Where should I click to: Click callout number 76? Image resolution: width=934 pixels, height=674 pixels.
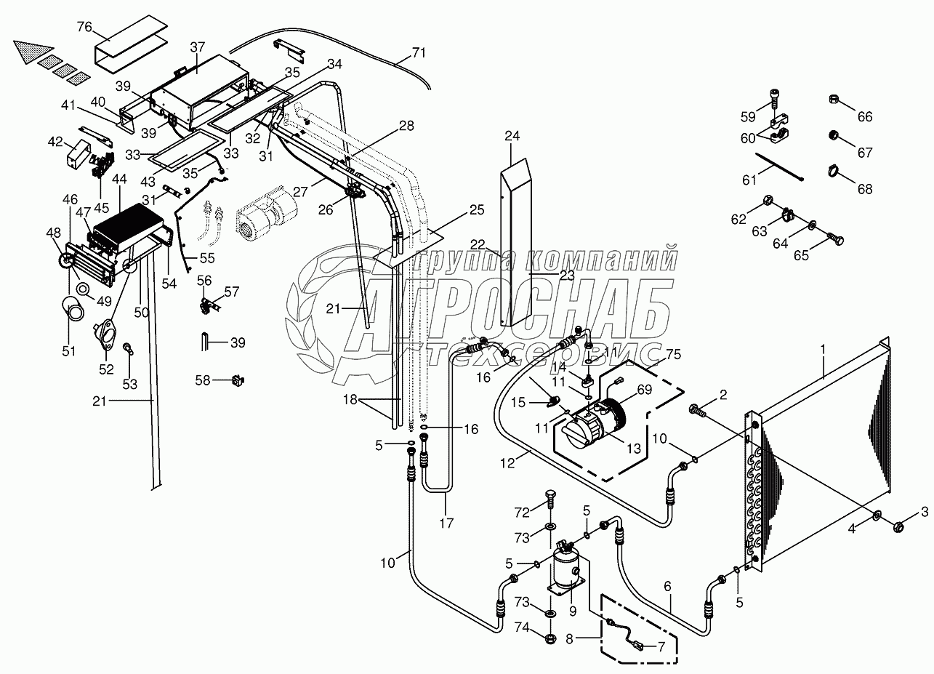[x=84, y=28]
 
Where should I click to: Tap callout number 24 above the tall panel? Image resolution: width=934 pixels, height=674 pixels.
[x=513, y=136]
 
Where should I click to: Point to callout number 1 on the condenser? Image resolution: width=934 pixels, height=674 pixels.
[x=823, y=350]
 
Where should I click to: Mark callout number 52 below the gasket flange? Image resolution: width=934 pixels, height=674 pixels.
[x=106, y=369]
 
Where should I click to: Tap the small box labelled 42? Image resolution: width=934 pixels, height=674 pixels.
[x=77, y=153]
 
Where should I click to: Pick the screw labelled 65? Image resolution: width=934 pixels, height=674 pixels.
[x=836, y=237]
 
